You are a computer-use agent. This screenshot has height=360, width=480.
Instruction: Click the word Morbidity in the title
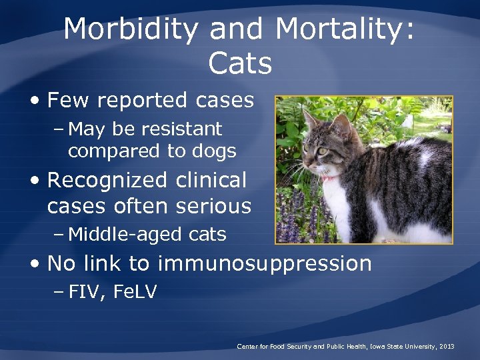[x=131, y=30]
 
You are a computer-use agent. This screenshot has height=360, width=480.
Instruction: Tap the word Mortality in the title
[x=345, y=30]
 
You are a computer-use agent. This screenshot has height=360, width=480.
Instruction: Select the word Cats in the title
[x=240, y=64]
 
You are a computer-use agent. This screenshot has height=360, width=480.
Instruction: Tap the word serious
[x=213, y=207]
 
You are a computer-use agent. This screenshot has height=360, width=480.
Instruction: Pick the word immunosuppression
[x=265, y=263]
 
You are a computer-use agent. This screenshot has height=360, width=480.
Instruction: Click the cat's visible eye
[x=322, y=151]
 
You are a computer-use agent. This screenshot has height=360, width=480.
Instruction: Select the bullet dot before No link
[x=35, y=264]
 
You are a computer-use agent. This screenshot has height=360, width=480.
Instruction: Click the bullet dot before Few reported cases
[x=35, y=101]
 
